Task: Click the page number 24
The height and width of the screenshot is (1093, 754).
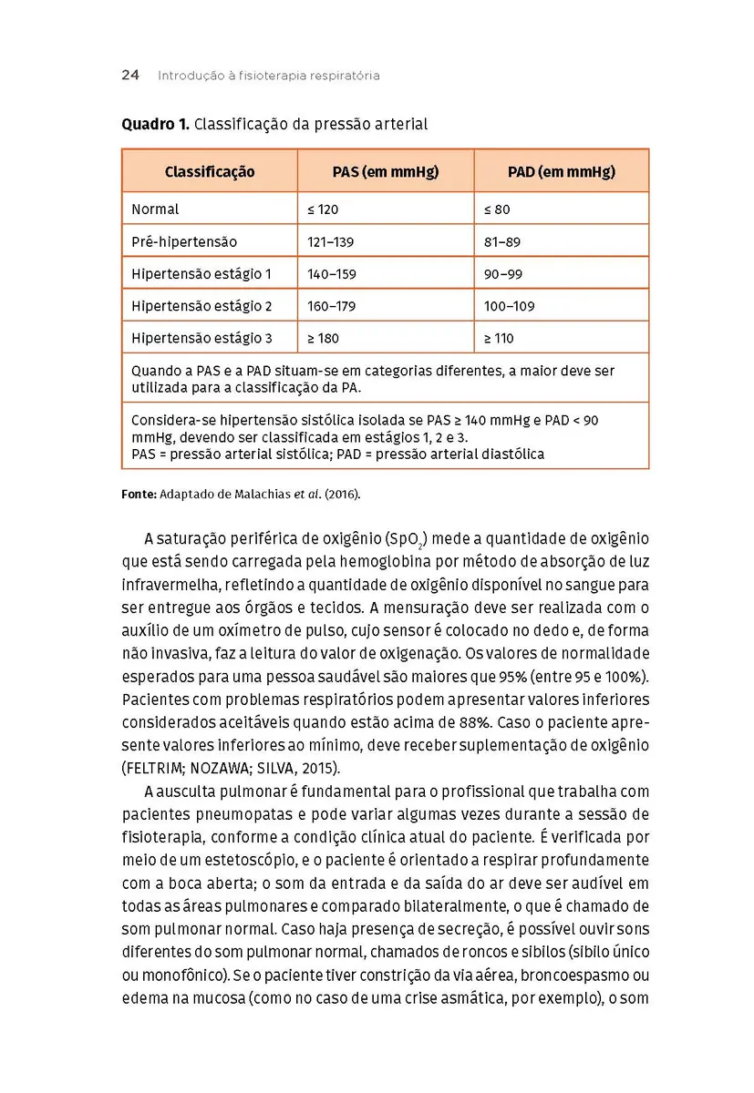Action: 129,76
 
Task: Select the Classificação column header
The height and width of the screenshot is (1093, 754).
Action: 210,171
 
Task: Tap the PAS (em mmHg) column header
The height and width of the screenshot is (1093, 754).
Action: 385,171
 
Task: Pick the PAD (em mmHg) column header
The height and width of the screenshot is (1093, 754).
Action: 561,171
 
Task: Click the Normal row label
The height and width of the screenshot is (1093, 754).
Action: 155,209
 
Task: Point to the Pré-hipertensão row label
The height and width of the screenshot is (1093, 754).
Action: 184,242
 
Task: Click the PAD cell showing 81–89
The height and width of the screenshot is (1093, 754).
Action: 502,242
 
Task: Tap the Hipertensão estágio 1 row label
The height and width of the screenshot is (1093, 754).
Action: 201,274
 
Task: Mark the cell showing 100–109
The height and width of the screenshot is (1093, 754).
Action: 510,306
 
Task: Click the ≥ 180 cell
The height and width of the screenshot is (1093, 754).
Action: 323,338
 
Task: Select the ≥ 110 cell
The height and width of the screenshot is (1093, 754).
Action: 499,338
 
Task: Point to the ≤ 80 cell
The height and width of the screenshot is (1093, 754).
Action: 497,209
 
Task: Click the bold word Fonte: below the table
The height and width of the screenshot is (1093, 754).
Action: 139,495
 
